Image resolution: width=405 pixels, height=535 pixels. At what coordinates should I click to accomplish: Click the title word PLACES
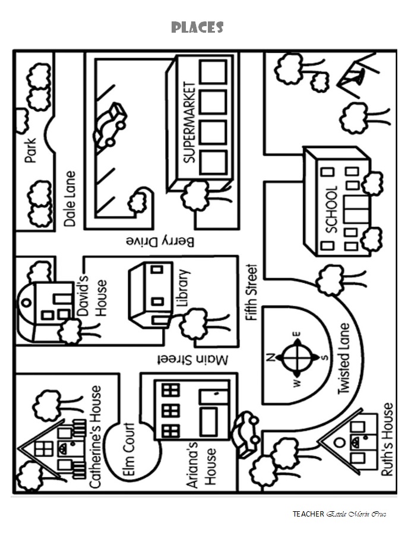[x=197, y=27]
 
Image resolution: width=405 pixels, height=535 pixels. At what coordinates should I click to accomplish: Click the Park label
[x=31, y=151]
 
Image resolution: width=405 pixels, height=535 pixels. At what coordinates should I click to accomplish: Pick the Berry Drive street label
[x=160, y=241]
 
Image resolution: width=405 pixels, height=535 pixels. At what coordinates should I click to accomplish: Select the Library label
[x=183, y=289]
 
